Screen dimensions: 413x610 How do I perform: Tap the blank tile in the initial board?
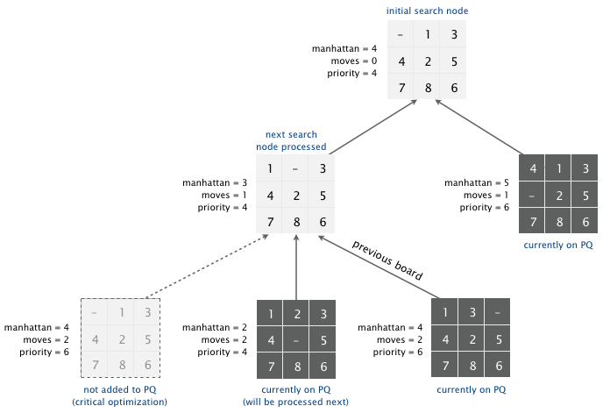click(x=401, y=35)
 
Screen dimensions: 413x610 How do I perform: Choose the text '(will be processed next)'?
click(x=295, y=402)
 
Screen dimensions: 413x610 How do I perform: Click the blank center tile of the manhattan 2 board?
click(x=296, y=338)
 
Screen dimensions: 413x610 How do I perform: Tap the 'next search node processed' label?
click(x=295, y=140)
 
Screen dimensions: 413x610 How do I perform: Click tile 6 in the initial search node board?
click(x=454, y=88)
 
